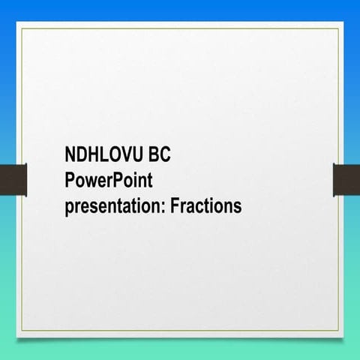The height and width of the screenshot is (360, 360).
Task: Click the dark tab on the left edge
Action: tap(13, 178)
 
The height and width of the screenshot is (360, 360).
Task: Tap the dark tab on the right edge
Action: tap(346, 178)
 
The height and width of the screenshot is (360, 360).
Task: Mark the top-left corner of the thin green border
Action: tap(22, 28)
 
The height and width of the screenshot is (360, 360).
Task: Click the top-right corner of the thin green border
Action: tap(338, 28)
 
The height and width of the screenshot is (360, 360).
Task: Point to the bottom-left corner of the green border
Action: tap(22, 331)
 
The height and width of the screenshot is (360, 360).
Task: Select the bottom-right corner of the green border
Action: tap(338, 331)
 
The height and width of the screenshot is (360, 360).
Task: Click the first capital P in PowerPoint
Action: tap(70, 181)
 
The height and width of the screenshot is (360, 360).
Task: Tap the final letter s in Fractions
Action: tap(238, 206)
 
